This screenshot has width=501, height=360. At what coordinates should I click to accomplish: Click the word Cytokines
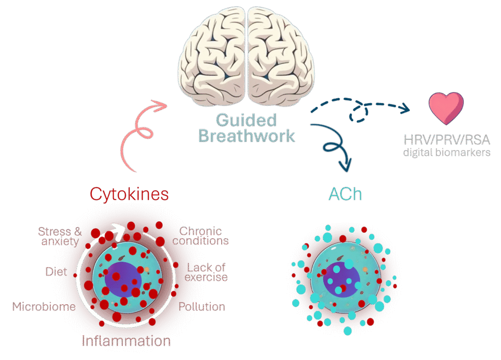(x=129, y=194)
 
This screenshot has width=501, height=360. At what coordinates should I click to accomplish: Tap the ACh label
(x=345, y=194)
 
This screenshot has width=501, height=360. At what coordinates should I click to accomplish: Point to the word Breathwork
(x=247, y=135)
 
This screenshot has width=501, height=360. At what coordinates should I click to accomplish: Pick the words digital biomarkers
(x=446, y=153)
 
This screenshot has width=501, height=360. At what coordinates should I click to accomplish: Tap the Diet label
(x=56, y=271)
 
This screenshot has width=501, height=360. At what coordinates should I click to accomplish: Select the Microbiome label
(x=44, y=307)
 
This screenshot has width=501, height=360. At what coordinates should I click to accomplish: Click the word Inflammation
(x=126, y=340)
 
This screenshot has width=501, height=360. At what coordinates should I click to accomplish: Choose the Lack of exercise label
(x=207, y=272)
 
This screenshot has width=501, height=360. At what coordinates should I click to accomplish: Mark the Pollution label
(x=202, y=307)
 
